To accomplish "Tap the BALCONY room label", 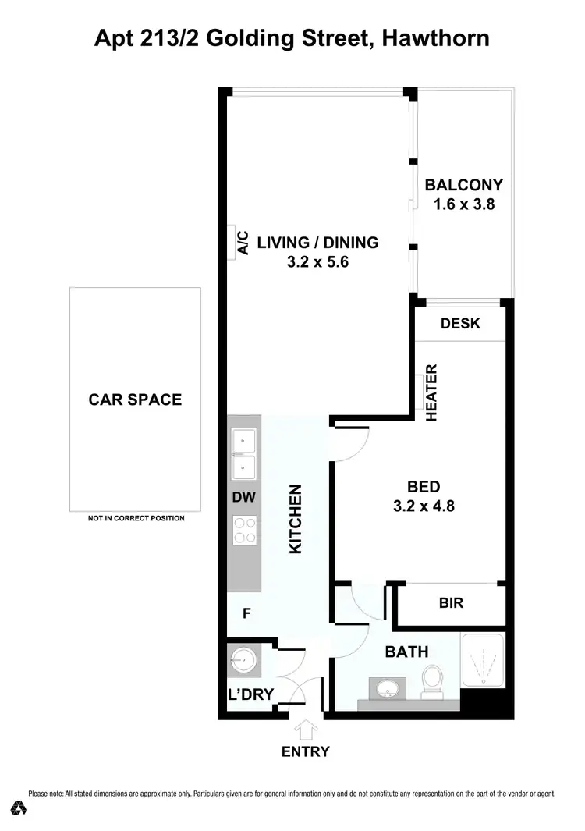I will pos(463,185).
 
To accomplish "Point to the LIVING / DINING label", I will pos(317,243).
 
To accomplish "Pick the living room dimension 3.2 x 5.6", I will pos(317,263).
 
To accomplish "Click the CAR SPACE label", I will pos(135,400).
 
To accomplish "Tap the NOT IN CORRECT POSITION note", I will pos(136,518).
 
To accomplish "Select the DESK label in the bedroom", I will pos(460,324).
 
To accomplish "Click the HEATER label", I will pos(431,393).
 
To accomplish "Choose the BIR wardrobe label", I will pos(450,603).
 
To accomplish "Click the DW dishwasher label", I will pos(243,497).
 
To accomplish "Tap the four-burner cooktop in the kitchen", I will pos(244,531).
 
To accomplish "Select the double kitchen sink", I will pos(244,455).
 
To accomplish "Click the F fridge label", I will pos(246,614).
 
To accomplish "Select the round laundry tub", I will pos(242,662).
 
